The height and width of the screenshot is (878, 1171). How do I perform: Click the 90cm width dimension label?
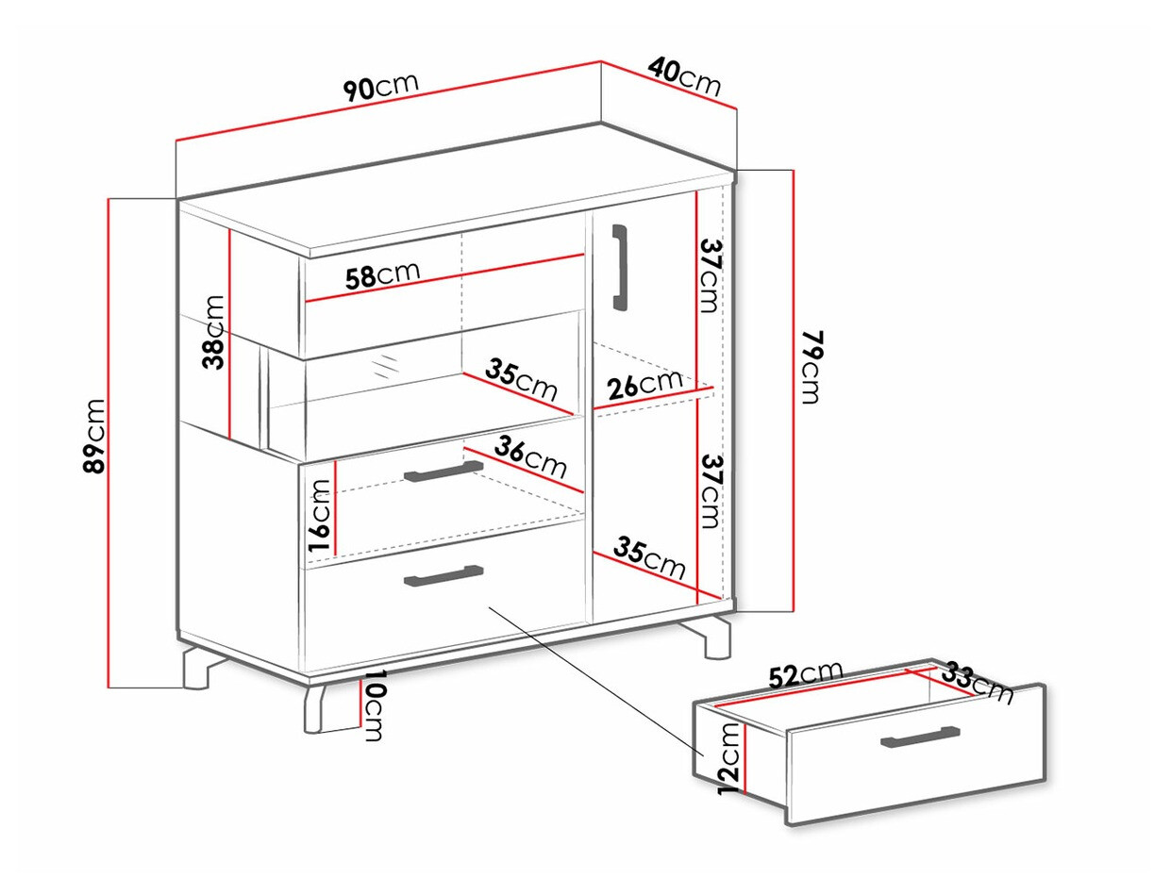click(x=381, y=87)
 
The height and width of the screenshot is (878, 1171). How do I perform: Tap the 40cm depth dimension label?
click(x=684, y=77)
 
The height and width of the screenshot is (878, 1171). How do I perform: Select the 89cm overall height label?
click(x=94, y=436)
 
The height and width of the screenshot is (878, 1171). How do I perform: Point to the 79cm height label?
click(x=813, y=367)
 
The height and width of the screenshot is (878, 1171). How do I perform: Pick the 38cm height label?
click(x=213, y=332)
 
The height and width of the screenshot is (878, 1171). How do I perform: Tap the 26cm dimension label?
click(x=645, y=385)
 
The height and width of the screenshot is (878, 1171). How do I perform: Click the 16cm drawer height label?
click(x=320, y=515)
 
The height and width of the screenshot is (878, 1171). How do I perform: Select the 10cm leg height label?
click(x=374, y=705)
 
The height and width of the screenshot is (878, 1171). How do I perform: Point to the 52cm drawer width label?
click(x=806, y=675)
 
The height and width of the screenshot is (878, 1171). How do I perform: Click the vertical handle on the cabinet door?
click(x=621, y=267)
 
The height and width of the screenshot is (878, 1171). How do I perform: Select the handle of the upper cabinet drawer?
click(x=443, y=472)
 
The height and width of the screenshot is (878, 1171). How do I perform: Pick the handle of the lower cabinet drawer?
click(x=443, y=575)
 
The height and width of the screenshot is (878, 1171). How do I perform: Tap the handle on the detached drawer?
click(x=920, y=737)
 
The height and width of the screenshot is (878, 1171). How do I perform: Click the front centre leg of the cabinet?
click(x=316, y=707)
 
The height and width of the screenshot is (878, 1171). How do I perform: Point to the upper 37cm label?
click(x=711, y=275)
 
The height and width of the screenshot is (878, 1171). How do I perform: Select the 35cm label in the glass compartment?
click(x=521, y=381)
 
